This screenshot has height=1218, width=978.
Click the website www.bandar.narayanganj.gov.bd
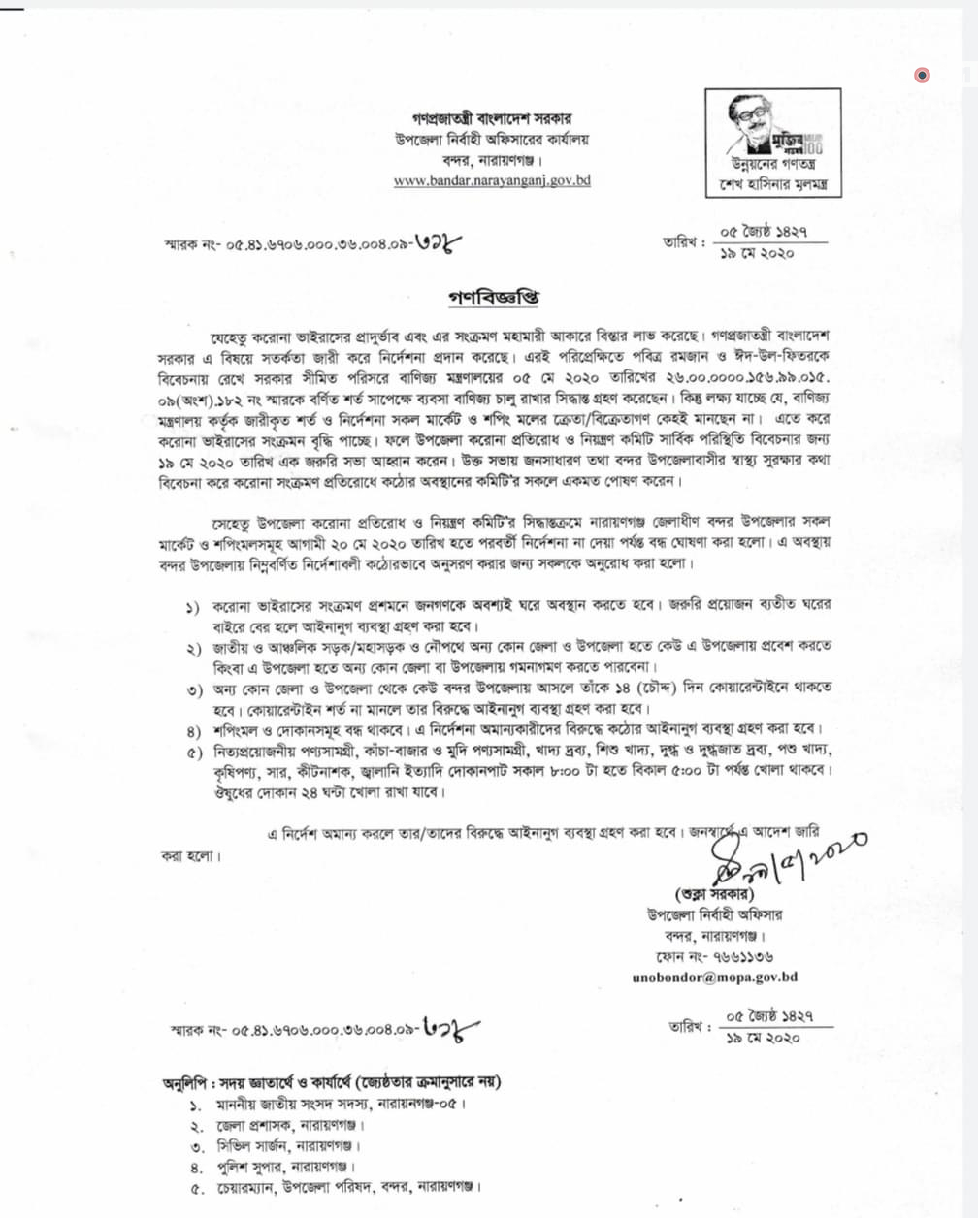tap(492, 180)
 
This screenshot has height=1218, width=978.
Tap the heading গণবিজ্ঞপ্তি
tap(492, 297)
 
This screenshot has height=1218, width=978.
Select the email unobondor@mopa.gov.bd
tap(714, 978)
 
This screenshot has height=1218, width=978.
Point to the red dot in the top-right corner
tap(922, 75)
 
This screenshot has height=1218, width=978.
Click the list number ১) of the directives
tap(194, 608)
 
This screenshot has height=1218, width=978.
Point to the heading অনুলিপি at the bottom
tap(189, 1082)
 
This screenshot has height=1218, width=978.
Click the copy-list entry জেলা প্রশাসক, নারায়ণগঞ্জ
tap(290, 1126)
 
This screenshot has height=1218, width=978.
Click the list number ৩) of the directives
tap(194, 690)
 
